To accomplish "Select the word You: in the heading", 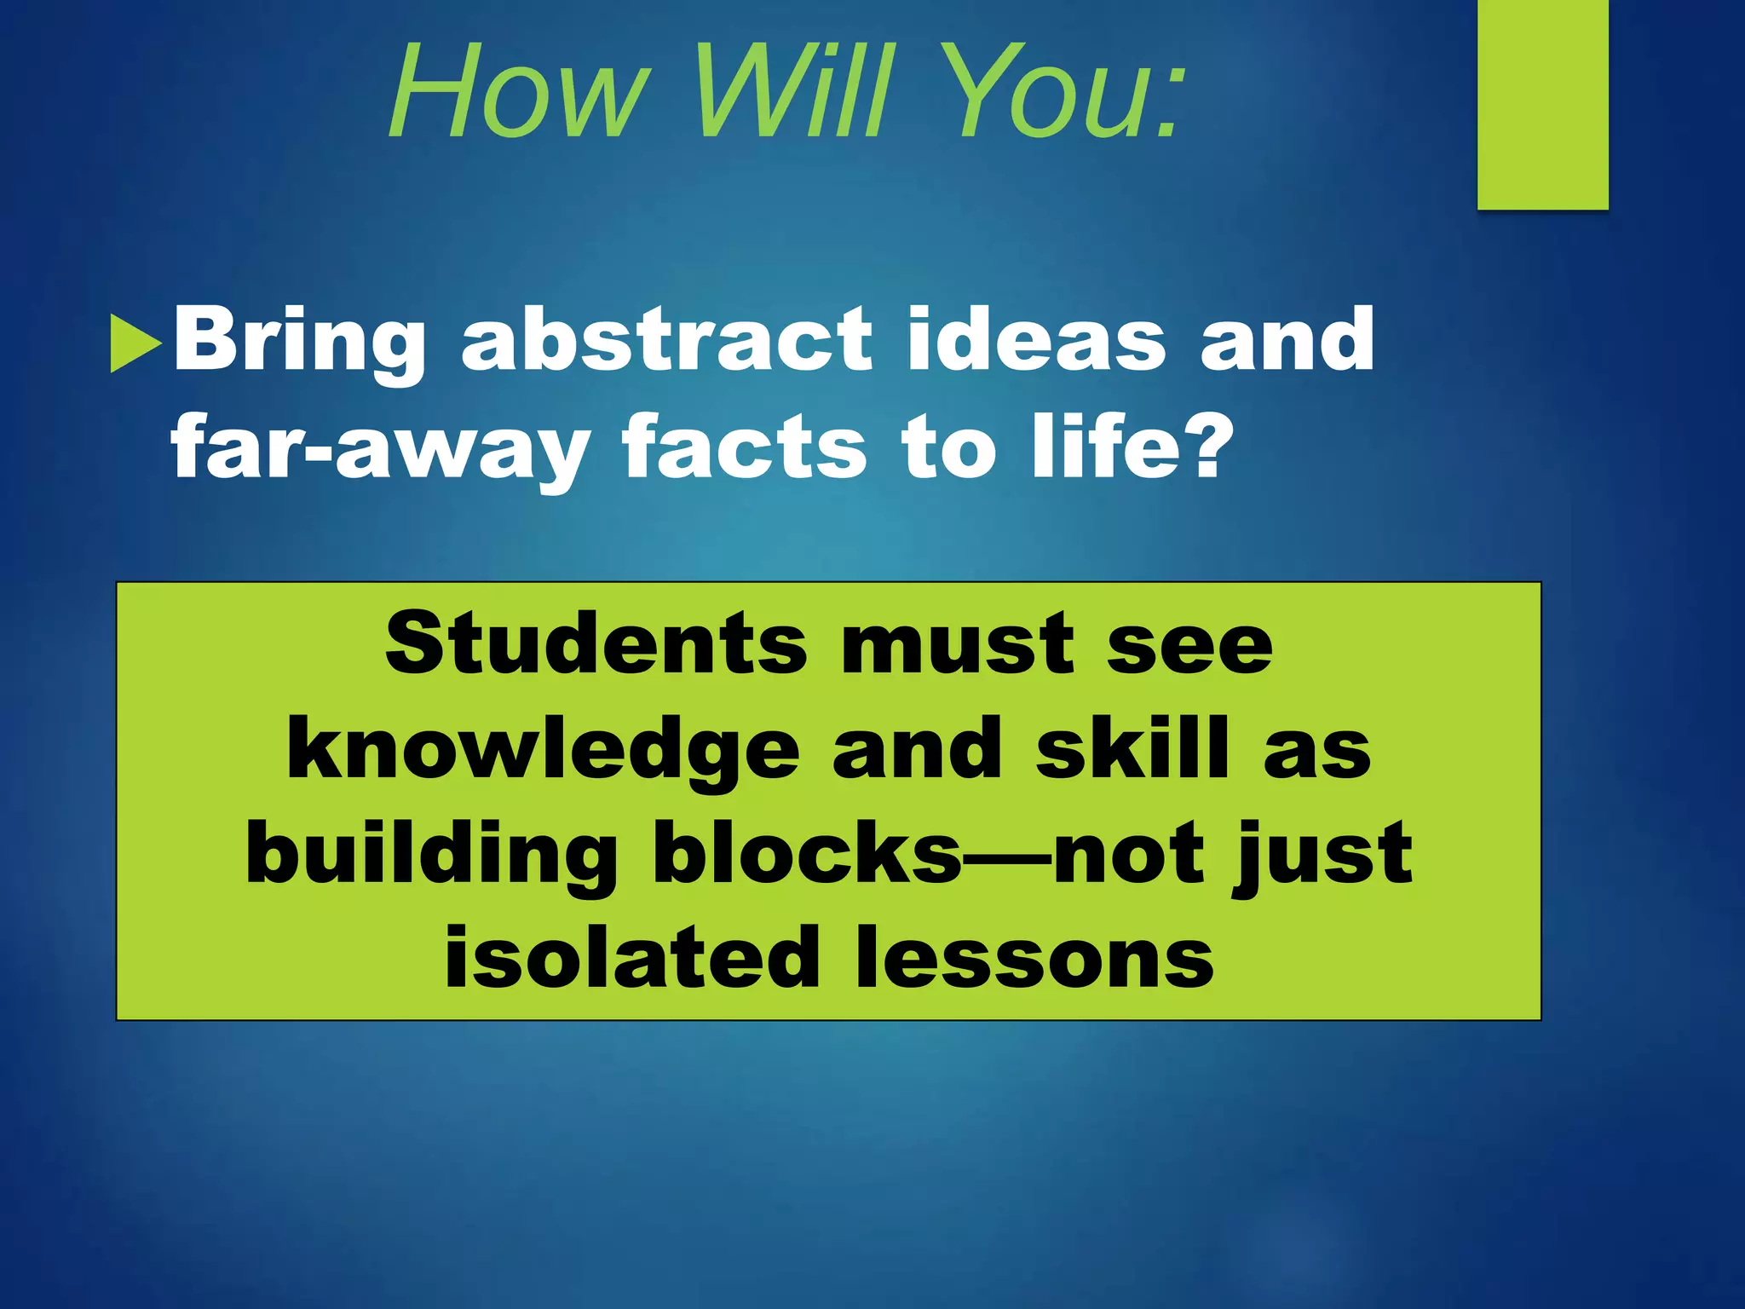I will coord(1065,92).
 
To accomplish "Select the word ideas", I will coord(1036,341).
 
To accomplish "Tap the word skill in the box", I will coord(1132,748).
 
